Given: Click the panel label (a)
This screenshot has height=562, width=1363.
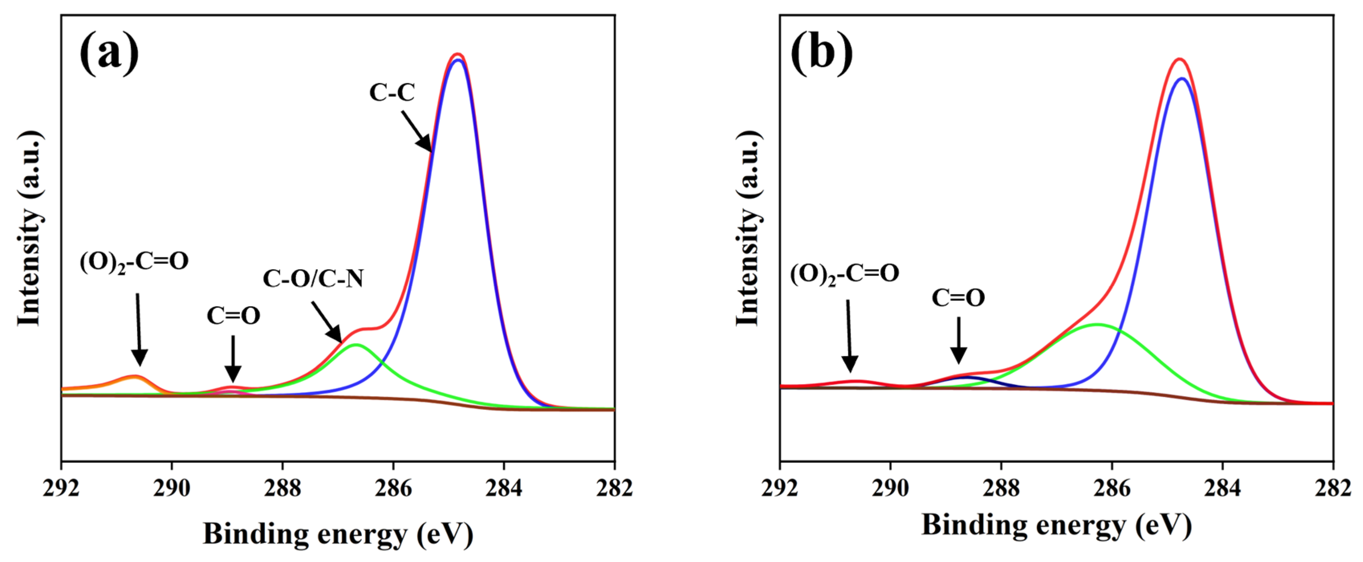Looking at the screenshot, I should pos(110,53).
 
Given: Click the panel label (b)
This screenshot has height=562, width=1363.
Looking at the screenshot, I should pos(821,53).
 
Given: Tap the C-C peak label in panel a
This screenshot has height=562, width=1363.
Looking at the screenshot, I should pos(392,93).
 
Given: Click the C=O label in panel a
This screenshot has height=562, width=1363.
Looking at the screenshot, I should pos(234,316).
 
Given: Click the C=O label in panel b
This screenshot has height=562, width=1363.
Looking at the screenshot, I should pos(958,298).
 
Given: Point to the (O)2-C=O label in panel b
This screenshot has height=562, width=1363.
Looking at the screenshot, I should pos(845,274).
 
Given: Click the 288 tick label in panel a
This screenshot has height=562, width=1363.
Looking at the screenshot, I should pos(282,488).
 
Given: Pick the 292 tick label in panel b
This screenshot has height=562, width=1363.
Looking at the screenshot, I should pos(780,488).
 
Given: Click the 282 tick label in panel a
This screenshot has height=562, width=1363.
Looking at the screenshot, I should pos(614,488).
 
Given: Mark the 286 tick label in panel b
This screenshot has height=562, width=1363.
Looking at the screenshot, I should pos(1112,488).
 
